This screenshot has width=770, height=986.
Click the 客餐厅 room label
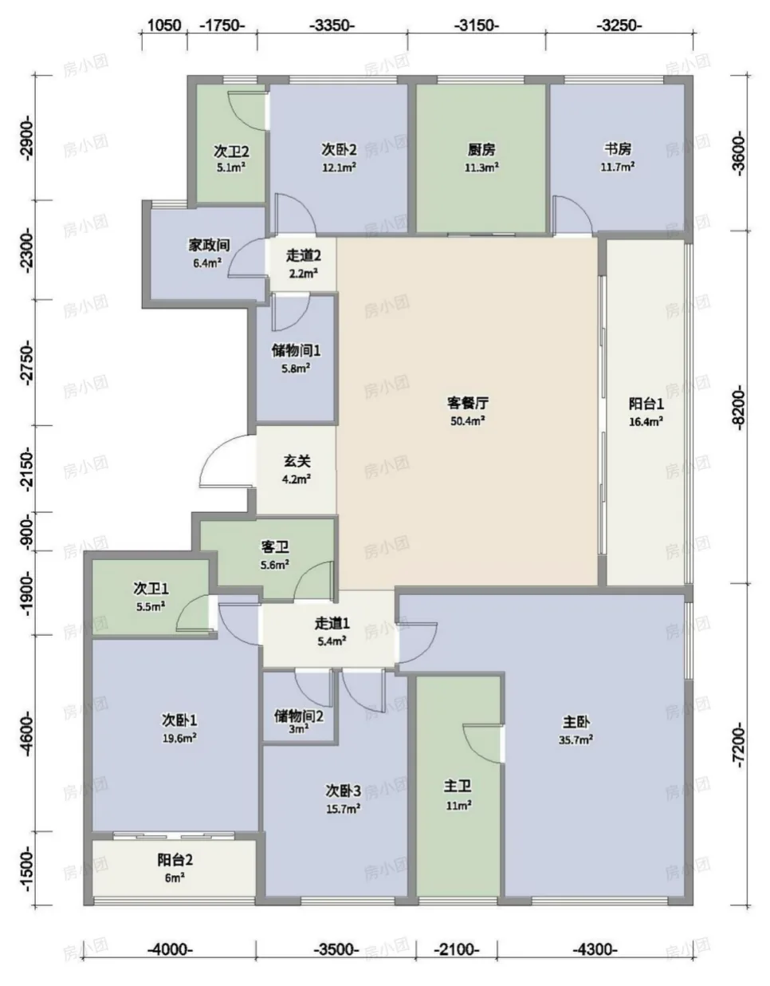tap(468, 403)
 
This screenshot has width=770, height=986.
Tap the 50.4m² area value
tap(468, 420)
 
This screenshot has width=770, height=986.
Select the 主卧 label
tap(576, 721)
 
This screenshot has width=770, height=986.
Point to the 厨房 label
tap(481, 149)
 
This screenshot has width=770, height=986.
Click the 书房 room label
tap(617, 148)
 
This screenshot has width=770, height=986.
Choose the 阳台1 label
tap(646, 404)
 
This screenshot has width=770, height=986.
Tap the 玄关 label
tap(297, 461)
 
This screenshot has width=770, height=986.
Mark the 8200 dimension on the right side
tap(739, 406)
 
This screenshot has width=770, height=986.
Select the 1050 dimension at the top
tap(164, 25)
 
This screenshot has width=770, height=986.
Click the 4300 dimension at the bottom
tap(595, 949)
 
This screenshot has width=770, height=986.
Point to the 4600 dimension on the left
tap(27, 734)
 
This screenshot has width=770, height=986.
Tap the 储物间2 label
tap(299, 716)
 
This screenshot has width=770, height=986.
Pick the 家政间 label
tap(210, 246)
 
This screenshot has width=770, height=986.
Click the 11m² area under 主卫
tap(458, 805)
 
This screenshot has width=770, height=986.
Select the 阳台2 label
tap(175, 859)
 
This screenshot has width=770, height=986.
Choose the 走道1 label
tap(332, 624)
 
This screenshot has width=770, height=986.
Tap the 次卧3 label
tap(343, 791)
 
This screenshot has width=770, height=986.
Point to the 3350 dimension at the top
tap(332, 25)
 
